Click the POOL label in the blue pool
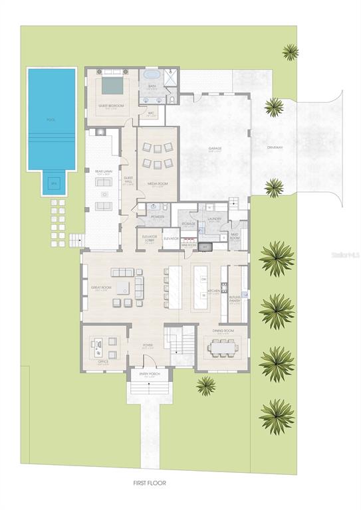[x=51, y=120]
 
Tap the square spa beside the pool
[x=54, y=184]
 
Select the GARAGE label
[x=215, y=148]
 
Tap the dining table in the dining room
[x=223, y=347]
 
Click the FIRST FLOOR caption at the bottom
[x=148, y=483]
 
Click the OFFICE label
[x=103, y=363]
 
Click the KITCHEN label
[x=213, y=291]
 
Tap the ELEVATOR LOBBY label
[x=149, y=238]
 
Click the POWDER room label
[x=158, y=216]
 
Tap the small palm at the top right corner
[x=290, y=51]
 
